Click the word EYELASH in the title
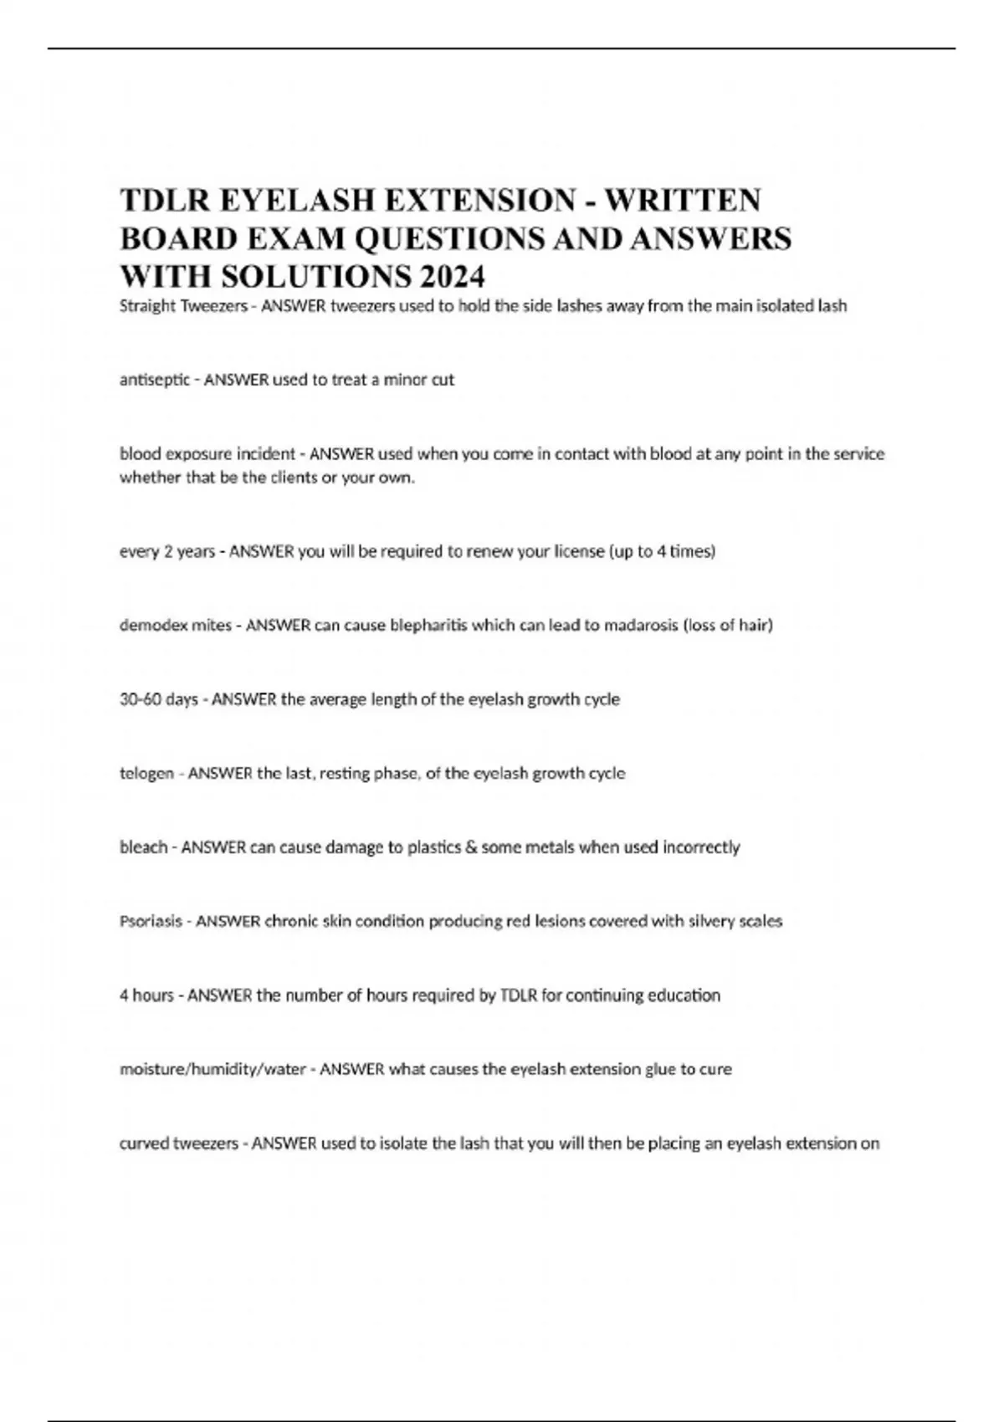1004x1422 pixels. (x=295, y=201)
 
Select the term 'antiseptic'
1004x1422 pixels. (x=154, y=380)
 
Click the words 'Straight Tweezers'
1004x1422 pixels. (x=183, y=306)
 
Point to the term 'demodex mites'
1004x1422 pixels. (x=175, y=625)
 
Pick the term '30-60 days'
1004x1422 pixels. (x=158, y=699)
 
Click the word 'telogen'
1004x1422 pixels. (x=146, y=774)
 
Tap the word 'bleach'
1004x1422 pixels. (x=143, y=847)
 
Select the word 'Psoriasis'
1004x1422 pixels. (x=151, y=921)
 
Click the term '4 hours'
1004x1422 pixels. (x=146, y=995)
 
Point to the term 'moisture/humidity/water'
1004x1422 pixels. (x=213, y=1069)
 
